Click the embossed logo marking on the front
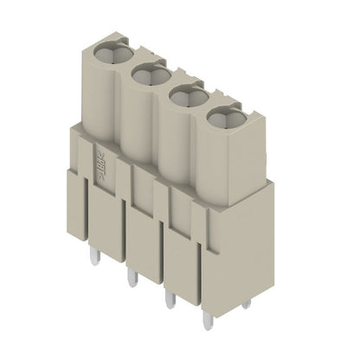click(99, 161)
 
